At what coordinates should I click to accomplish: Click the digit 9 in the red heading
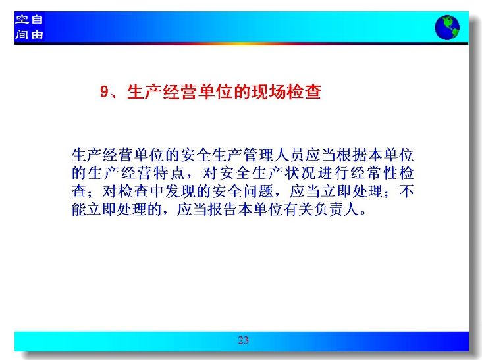[105, 91]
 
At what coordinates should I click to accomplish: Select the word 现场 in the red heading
[269, 91]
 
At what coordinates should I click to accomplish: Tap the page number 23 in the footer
[243, 340]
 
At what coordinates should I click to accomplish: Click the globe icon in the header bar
[447, 28]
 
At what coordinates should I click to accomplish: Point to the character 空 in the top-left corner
[22, 20]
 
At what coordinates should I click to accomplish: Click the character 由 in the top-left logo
[37, 34]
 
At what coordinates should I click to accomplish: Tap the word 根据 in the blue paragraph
[352, 155]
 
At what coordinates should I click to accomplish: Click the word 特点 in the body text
[169, 173]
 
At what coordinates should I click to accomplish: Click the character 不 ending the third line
[406, 192]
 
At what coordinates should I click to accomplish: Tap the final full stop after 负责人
[363, 213]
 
